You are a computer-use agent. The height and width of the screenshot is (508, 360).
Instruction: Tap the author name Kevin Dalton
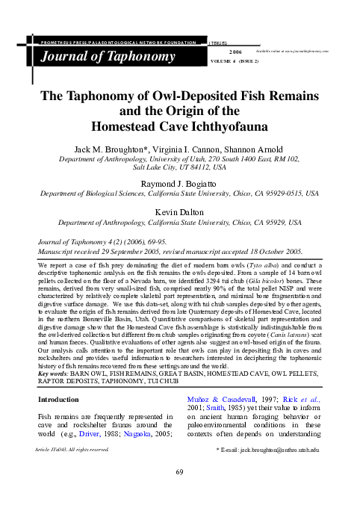[x=180, y=212]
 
